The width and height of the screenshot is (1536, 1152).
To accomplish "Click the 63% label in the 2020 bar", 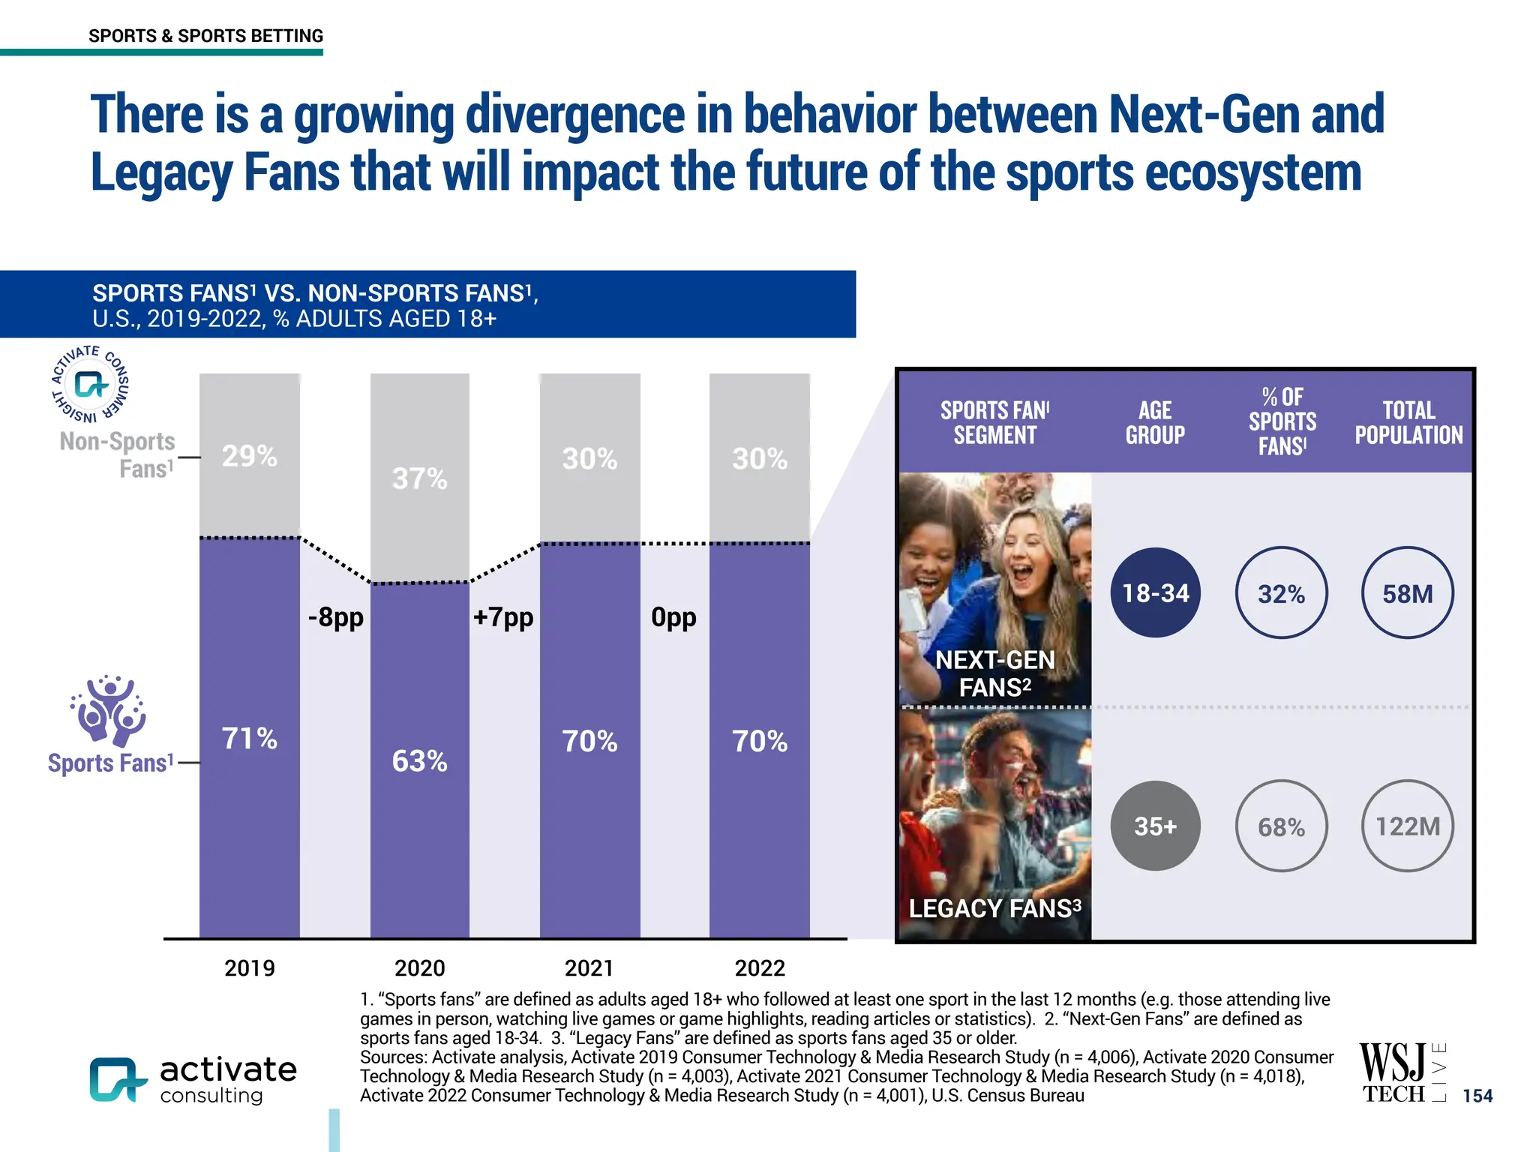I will tap(419, 761).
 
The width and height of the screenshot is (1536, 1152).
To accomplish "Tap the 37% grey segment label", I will tap(419, 479).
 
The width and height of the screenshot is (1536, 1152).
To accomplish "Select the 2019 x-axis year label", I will tap(250, 968).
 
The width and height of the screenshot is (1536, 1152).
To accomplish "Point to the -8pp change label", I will tap(335, 617).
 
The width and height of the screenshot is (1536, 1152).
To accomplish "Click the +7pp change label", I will tap(503, 617).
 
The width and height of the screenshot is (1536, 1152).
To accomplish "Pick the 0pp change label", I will tap(673, 617).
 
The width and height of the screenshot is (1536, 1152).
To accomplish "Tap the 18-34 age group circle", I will tap(1155, 593).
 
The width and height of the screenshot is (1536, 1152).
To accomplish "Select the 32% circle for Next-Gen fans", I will tap(1281, 593).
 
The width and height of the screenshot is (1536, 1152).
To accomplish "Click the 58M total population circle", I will tap(1407, 593).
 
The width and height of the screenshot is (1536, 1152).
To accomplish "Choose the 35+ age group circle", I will tap(1155, 826).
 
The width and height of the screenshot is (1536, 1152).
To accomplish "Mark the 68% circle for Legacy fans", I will tap(1281, 826).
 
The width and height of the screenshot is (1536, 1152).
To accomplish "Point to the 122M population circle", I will tap(1407, 826).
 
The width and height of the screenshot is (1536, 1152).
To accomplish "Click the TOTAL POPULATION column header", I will tap(1408, 422).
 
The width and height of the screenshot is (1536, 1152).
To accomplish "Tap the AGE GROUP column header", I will tap(1155, 422).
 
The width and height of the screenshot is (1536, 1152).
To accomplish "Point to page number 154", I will tap(1477, 1096).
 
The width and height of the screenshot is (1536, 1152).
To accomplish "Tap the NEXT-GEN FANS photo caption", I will tap(994, 673).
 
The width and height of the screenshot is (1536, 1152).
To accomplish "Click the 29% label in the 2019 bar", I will tap(249, 456).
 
